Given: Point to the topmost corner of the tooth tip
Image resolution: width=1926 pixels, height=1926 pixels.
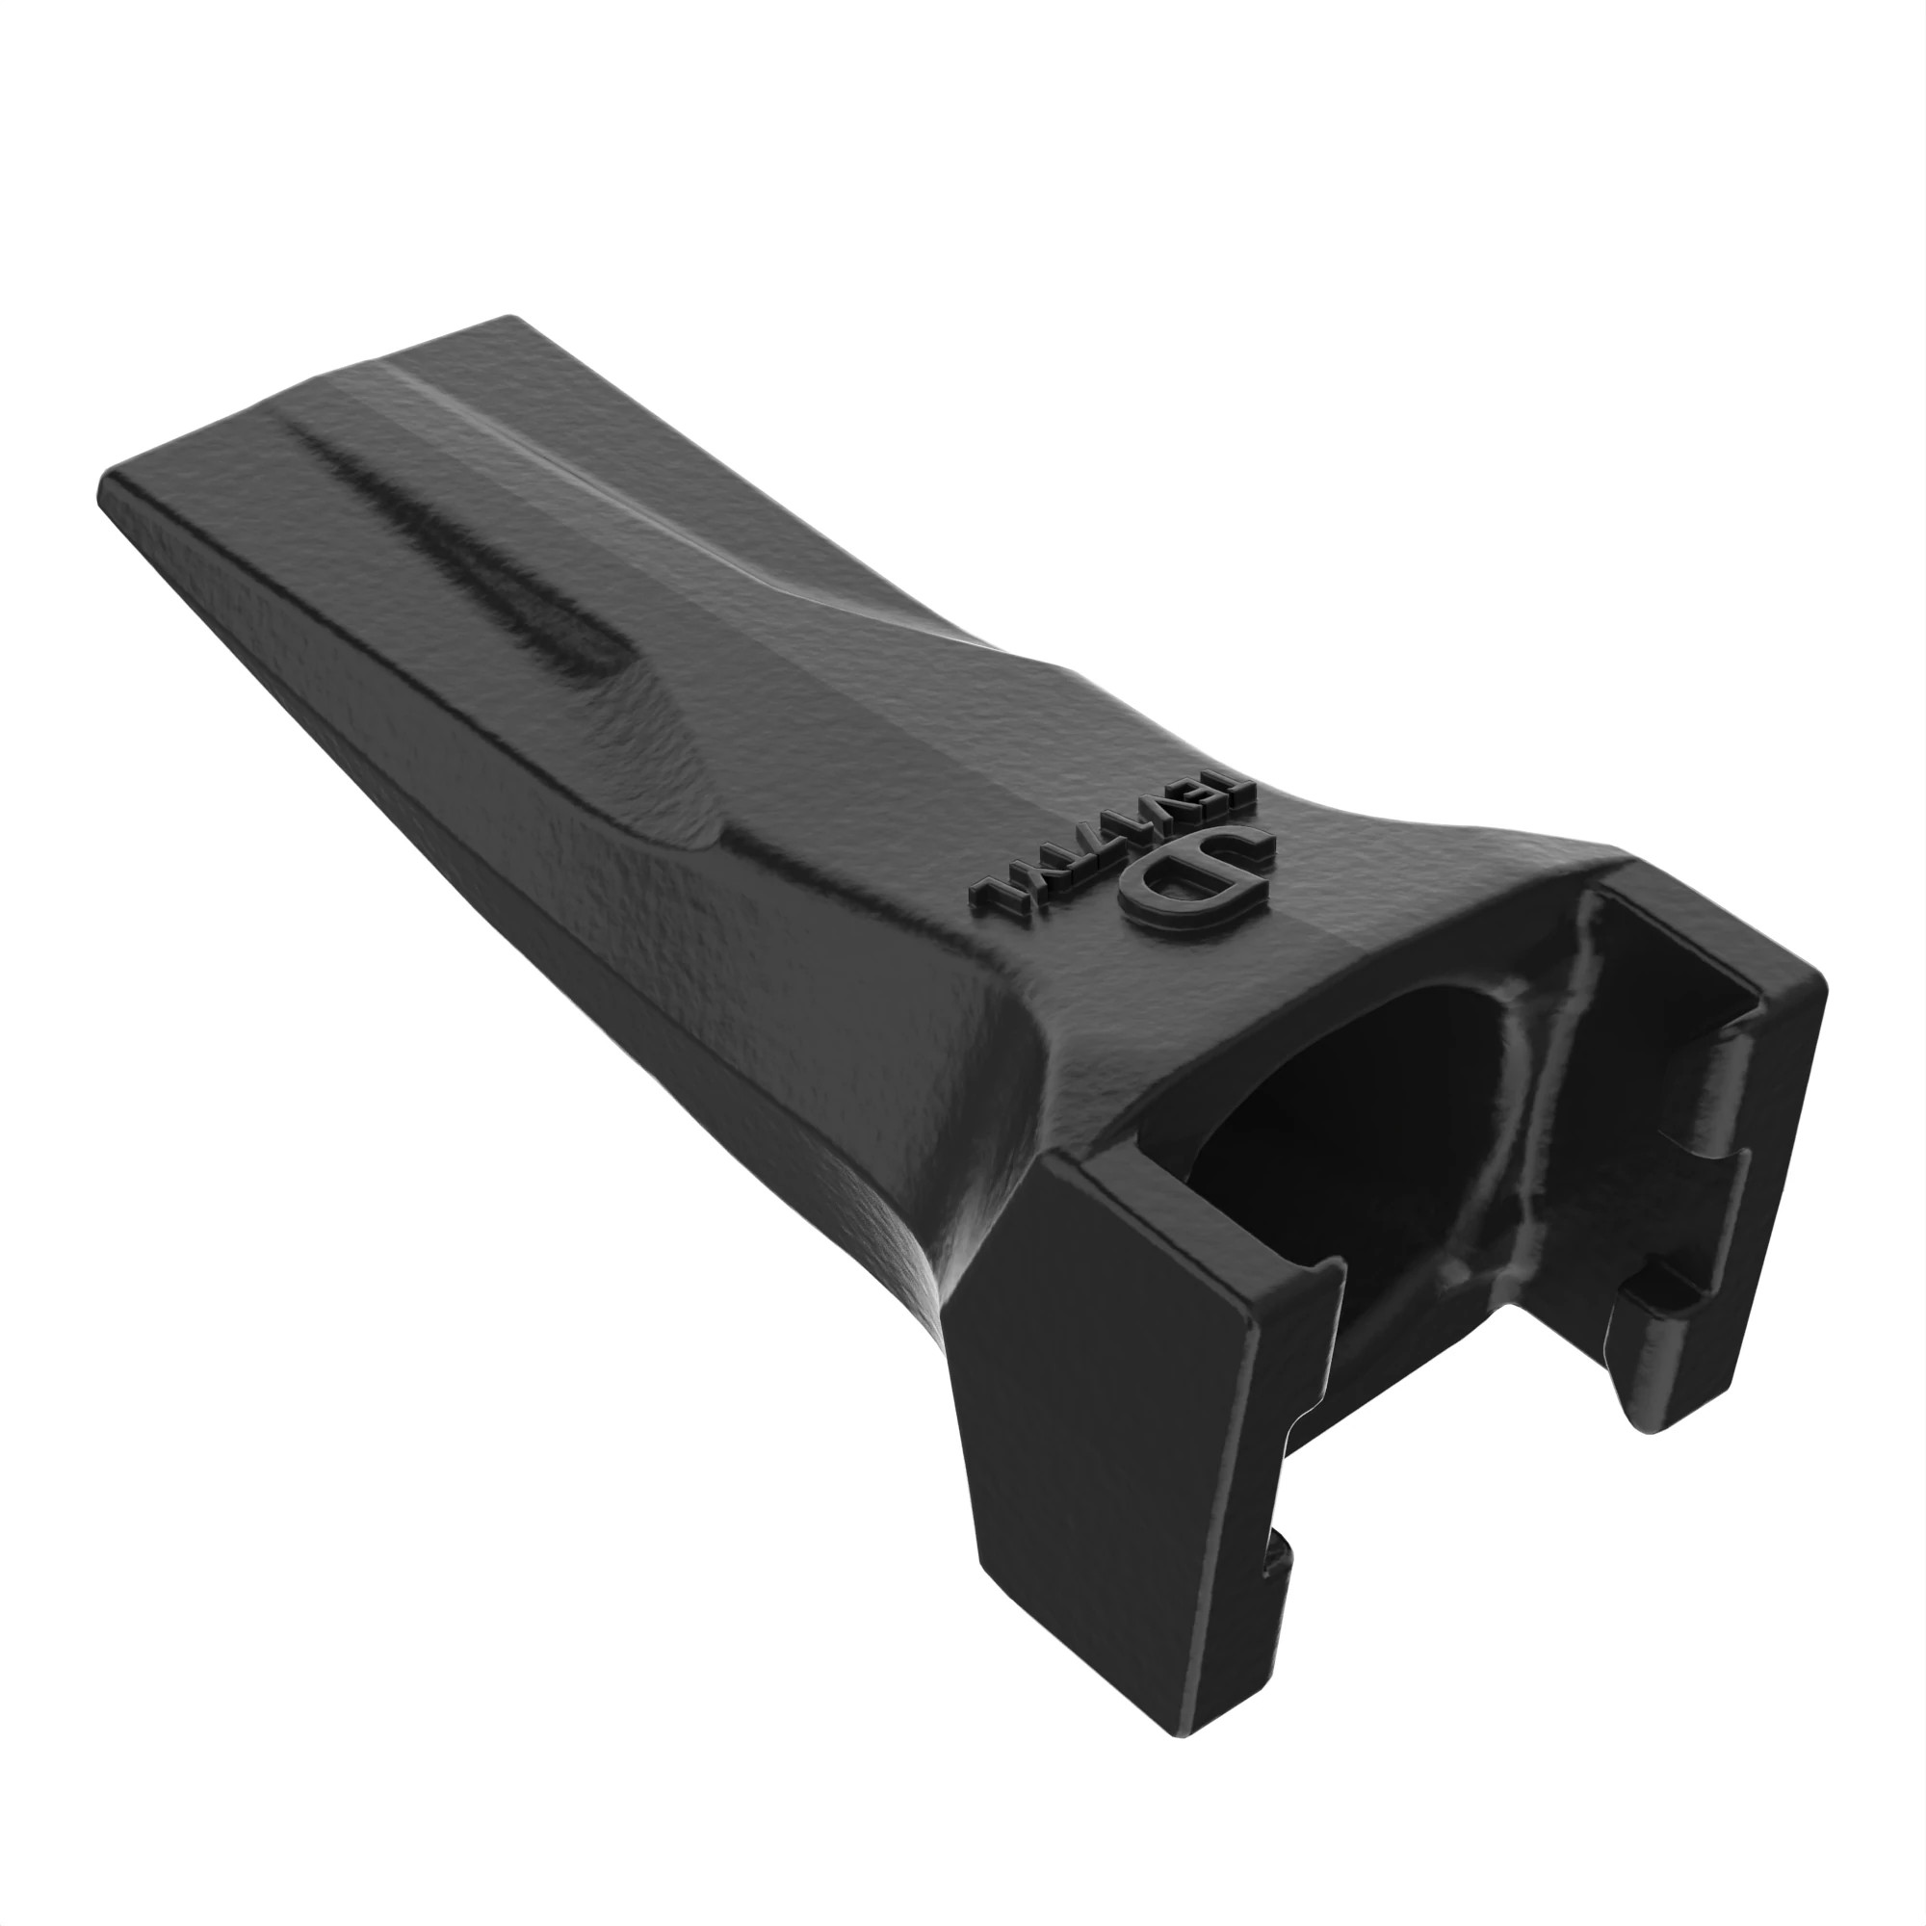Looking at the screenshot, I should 513,319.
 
